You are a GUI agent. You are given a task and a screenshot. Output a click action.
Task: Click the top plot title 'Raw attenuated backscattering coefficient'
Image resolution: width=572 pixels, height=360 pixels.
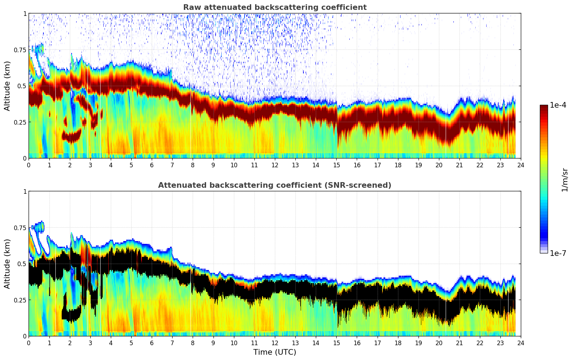click(275, 7)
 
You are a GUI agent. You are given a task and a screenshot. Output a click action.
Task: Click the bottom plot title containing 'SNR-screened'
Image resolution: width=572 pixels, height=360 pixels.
click(275, 185)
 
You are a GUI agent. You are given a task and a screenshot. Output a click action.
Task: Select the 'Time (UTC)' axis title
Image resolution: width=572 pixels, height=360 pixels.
click(275, 352)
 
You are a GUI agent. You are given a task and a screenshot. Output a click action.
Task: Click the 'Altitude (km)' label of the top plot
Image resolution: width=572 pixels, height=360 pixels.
click(7, 86)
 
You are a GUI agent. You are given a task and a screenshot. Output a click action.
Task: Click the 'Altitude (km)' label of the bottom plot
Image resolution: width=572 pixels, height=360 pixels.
click(7, 264)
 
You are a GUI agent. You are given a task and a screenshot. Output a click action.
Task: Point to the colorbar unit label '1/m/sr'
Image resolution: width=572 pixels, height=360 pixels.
click(565, 180)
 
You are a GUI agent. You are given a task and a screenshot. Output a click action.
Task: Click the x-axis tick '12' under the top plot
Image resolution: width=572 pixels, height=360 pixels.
click(275, 165)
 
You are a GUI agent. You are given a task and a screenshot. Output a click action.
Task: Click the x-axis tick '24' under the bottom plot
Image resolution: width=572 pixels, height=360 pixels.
click(520, 343)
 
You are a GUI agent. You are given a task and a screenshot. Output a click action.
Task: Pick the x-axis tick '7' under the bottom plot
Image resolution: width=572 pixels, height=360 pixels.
click(172, 343)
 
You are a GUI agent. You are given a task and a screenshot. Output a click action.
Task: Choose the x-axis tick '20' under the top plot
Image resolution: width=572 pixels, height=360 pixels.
click(439, 165)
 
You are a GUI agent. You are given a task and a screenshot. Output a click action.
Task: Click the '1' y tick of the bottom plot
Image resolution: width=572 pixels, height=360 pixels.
click(24, 192)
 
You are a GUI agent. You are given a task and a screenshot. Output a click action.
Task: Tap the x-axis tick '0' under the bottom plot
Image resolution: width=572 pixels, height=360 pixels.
click(29, 343)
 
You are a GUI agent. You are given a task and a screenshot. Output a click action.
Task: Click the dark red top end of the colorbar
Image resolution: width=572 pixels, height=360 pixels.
click(543, 107)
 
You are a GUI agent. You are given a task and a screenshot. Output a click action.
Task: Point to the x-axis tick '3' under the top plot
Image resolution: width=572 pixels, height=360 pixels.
click(90, 165)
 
